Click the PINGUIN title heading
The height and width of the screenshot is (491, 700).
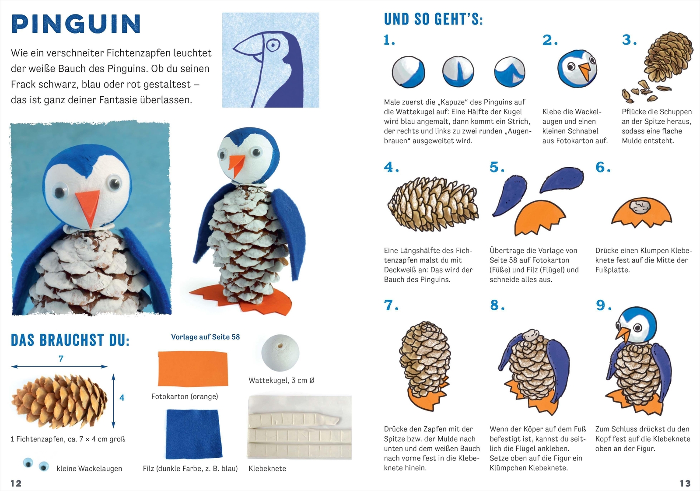tap(76, 24)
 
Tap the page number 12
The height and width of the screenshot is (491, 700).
tap(16, 483)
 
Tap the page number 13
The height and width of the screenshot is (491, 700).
tap(685, 483)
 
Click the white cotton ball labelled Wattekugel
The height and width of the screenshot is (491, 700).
tap(280, 353)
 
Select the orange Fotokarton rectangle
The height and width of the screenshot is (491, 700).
tap(192, 368)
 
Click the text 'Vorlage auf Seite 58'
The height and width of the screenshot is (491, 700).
tap(205, 337)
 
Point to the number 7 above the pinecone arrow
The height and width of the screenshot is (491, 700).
tap(61, 359)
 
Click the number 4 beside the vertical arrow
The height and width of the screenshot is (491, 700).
tap(122, 398)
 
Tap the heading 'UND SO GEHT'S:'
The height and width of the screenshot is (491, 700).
tap(433, 20)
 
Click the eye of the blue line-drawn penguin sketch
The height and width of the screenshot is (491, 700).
tap(273, 45)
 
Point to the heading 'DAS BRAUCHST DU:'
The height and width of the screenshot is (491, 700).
tap(70, 340)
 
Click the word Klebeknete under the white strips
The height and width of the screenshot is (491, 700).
tap(267, 469)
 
